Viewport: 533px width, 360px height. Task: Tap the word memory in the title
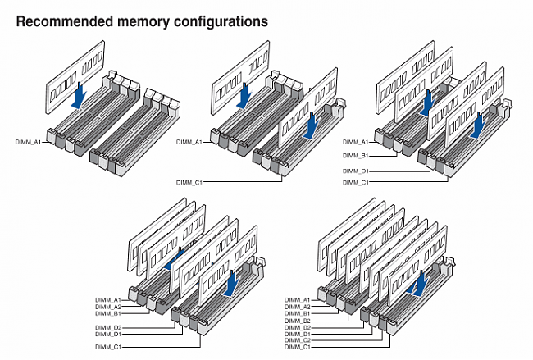(x=157, y=21)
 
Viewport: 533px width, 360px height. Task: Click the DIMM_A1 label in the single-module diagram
(x=28, y=142)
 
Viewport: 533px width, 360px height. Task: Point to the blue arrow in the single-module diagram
(x=77, y=94)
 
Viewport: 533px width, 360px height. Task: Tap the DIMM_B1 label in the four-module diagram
(x=356, y=155)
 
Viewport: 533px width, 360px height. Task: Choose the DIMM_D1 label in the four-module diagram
(x=356, y=171)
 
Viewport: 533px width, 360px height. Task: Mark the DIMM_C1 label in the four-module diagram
(x=356, y=181)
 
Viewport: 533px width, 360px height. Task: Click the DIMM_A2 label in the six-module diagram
(x=108, y=307)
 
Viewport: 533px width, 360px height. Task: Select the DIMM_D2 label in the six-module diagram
(x=108, y=327)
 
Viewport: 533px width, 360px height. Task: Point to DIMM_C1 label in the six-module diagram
(x=108, y=347)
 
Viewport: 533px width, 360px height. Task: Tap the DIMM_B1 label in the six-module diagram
(x=108, y=313)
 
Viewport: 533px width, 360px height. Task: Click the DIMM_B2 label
(x=298, y=321)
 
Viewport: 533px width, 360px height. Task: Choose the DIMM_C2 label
(x=298, y=340)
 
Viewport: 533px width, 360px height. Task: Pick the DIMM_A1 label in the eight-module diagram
(x=298, y=300)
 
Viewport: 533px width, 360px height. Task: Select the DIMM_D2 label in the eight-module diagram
(x=298, y=327)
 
